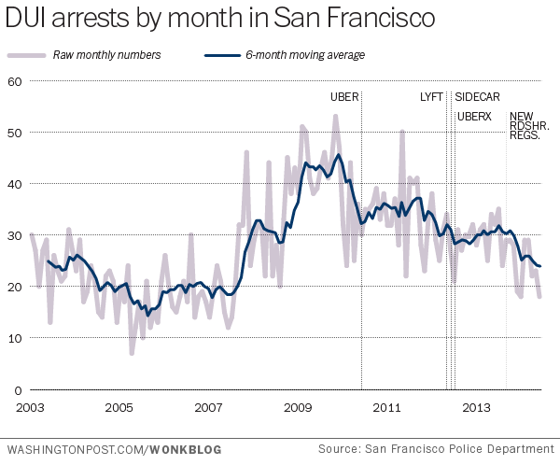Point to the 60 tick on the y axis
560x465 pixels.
click(x=14, y=81)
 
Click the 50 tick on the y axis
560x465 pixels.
click(x=14, y=133)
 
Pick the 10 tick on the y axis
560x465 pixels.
click(x=14, y=338)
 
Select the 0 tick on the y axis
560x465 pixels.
click(x=17, y=389)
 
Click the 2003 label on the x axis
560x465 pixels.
click(x=30, y=408)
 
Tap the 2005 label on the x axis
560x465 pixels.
click(x=119, y=408)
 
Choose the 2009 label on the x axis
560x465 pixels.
click(x=298, y=408)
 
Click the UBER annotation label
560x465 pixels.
click(x=343, y=97)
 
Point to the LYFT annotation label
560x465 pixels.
click(x=431, y=97)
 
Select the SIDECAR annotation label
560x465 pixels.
click(x=476, y=97)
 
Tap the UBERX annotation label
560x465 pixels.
click(x=475, y=117)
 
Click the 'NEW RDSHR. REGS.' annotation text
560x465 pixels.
click(x=528, y=126)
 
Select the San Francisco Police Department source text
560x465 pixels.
click(x=434, y=449)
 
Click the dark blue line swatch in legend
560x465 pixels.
click(x=217, y=55)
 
